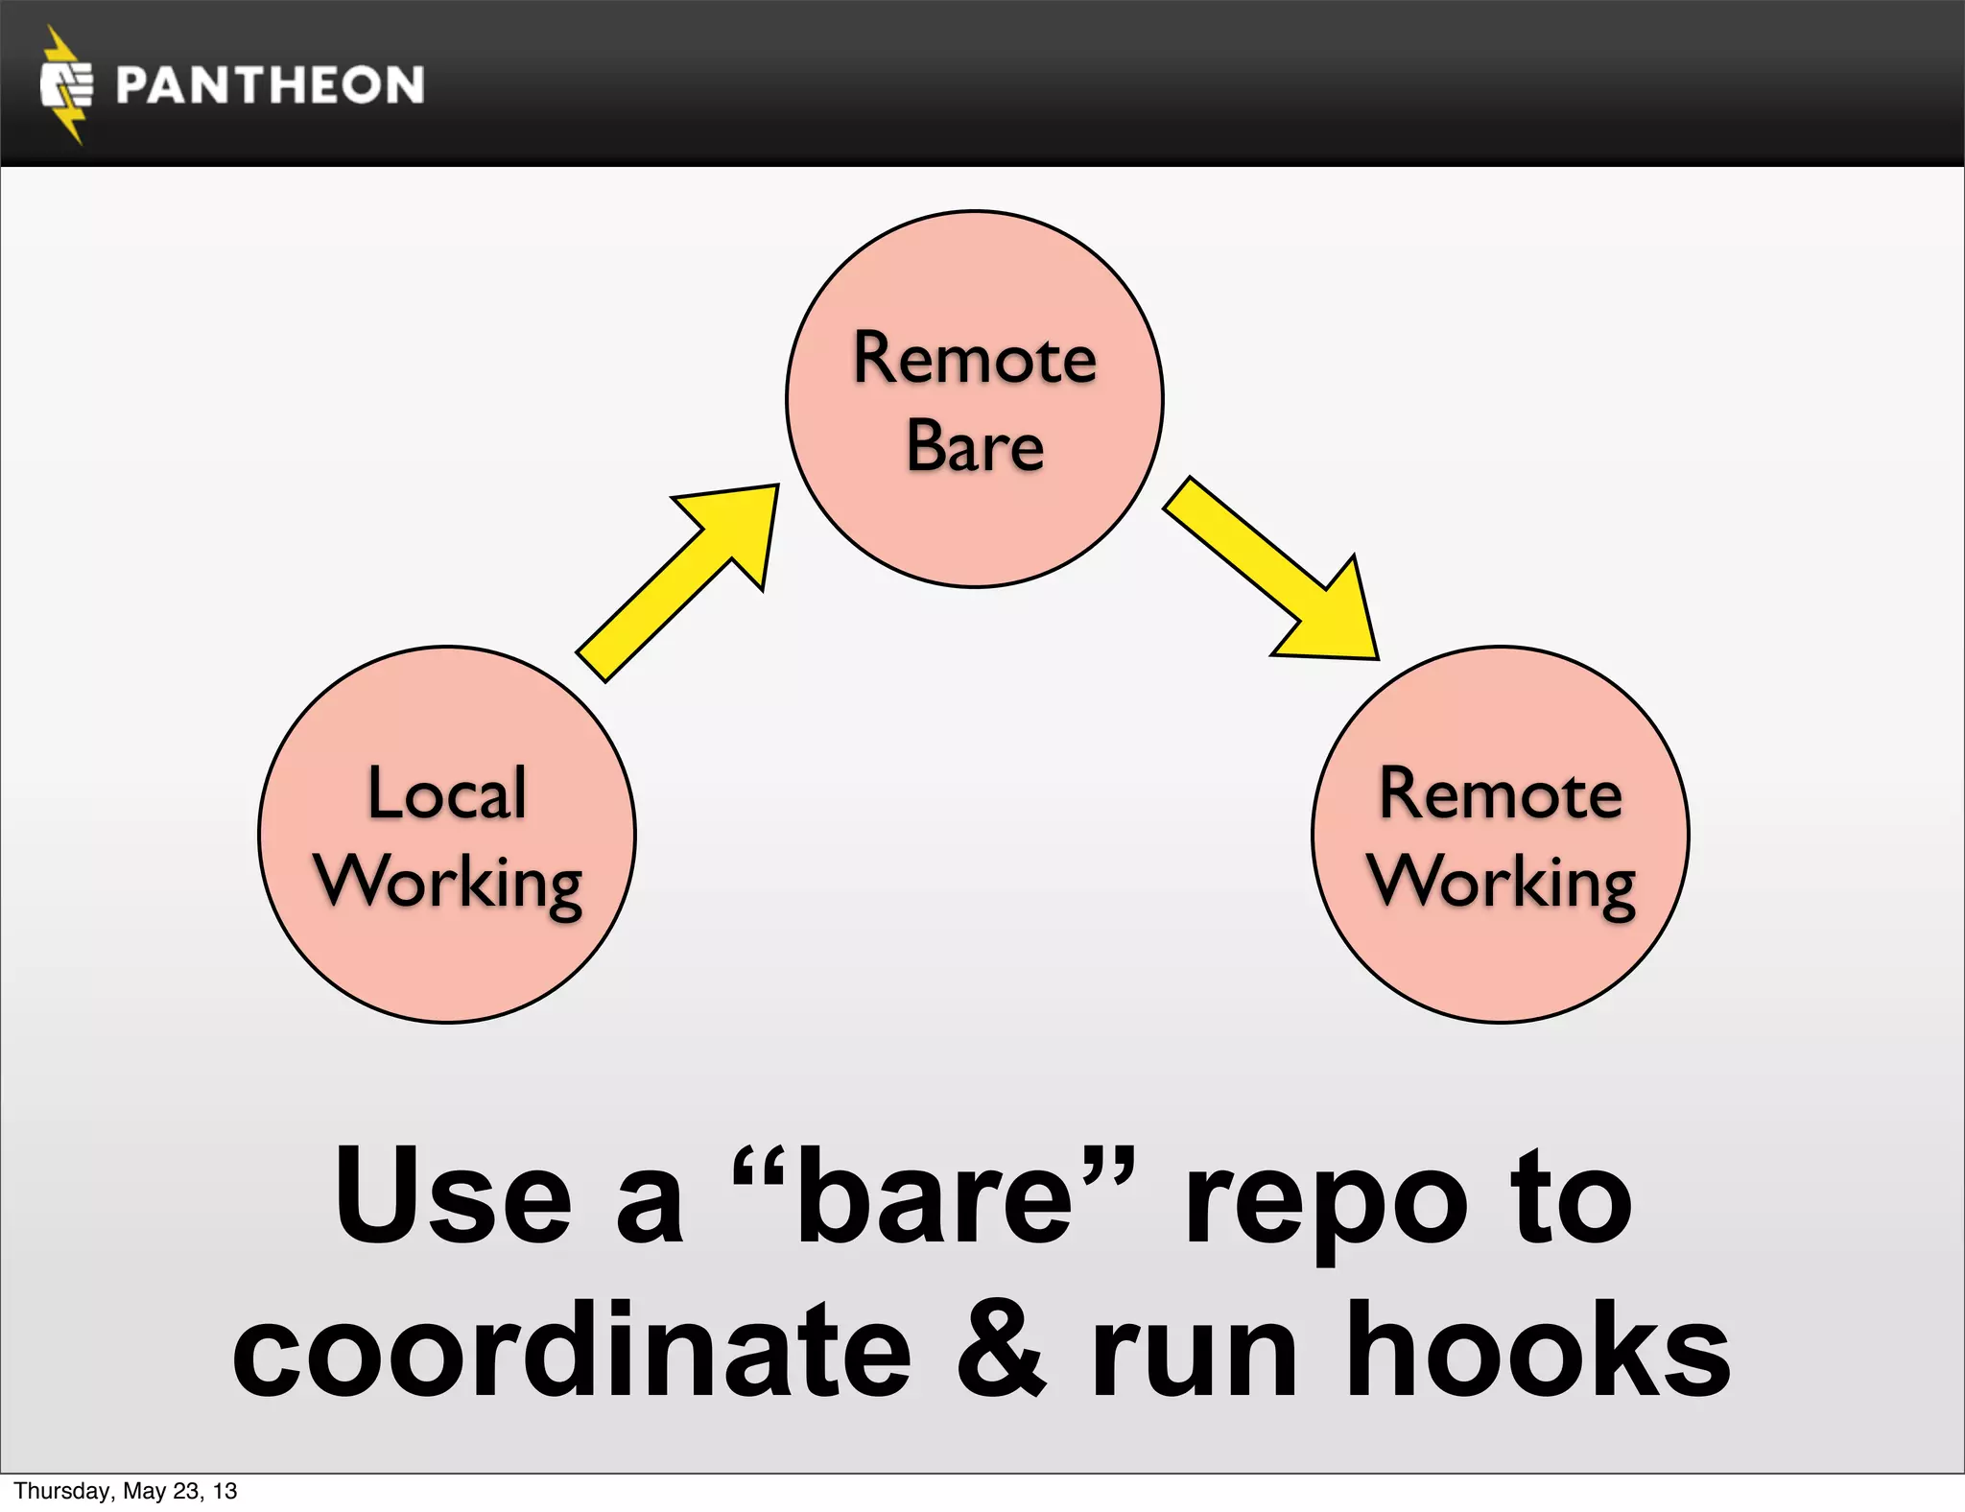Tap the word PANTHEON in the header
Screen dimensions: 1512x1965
point(270,85)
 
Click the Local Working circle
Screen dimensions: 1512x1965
point(447,959)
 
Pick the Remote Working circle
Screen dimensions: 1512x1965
point(1501,959)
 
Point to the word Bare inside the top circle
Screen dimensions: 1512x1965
point(975,446)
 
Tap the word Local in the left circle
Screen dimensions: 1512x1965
point(447,794)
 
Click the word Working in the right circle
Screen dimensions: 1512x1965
point(1502,883)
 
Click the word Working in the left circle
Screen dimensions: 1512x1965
point(448,883)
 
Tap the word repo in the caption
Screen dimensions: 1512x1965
point(1325,1199)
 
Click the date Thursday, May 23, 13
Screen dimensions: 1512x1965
point(126,1491)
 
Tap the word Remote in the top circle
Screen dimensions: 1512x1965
point(975,359)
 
